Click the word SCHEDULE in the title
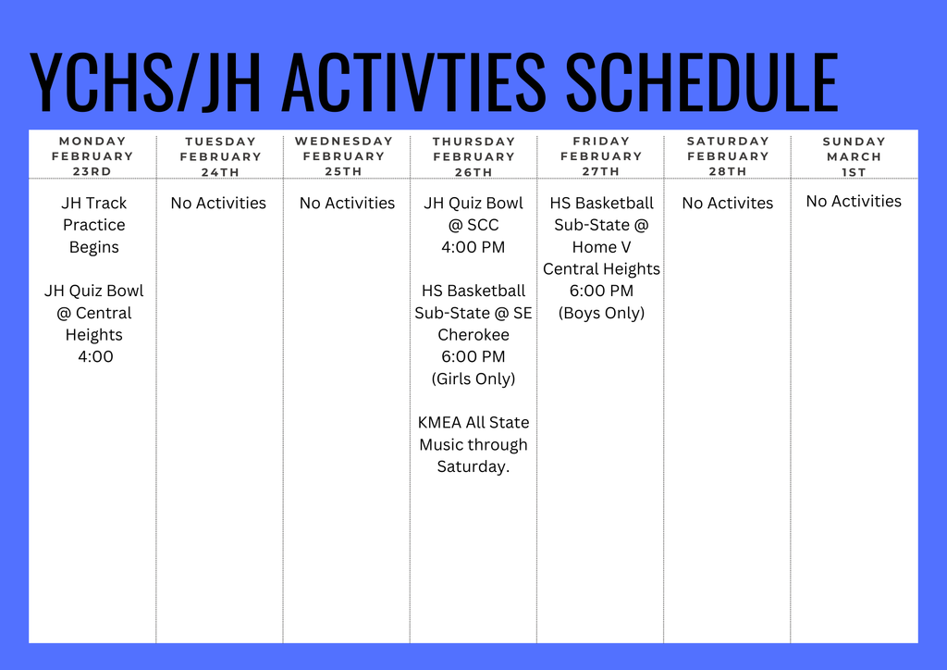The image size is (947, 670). coord(702,83)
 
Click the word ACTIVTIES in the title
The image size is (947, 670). coord(412,83)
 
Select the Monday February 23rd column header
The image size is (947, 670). coord(92,156)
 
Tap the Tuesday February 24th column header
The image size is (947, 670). coord(220,156)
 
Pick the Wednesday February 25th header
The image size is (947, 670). coord(344,156)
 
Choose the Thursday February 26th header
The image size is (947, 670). coord(473,156)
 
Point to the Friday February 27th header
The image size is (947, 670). coord(601,156)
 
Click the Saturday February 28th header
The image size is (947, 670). coord(728,156)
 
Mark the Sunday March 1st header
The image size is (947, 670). coord(855,156)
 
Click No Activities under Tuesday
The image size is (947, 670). coord(218,203)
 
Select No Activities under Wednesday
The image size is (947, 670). coord(347,203)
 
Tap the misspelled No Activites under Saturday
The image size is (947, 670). coord(727,203)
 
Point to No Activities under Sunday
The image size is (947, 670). coord(854,201)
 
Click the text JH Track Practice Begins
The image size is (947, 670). coord(93,225)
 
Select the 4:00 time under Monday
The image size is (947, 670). coord(95,356)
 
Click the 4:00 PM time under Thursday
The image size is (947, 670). coord(473,247)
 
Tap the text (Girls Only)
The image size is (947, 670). coord(473,378)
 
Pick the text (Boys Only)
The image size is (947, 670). coord(601,313)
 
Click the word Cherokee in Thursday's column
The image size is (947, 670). coord(473,335)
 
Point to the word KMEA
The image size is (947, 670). coord(440,423)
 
